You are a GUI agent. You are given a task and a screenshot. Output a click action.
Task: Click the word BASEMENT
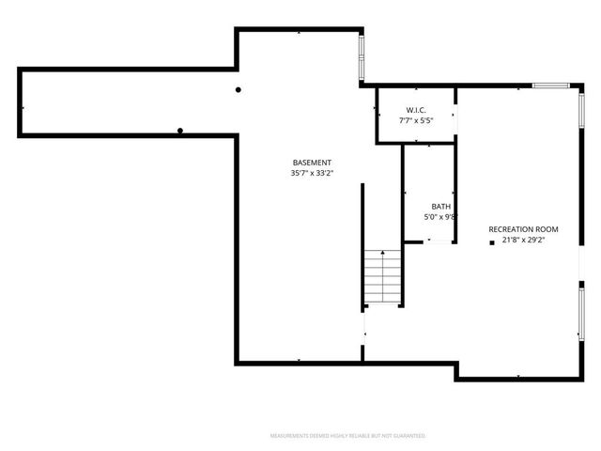point(311,163)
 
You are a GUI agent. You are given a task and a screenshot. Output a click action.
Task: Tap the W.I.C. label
point(417,110)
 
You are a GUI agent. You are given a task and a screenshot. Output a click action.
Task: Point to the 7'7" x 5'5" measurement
point(417,120)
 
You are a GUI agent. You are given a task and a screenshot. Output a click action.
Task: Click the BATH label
point(440,207)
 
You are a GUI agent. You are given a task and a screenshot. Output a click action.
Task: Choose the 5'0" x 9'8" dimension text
point(440,217)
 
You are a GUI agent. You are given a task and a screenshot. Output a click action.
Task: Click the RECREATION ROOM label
point(523,229)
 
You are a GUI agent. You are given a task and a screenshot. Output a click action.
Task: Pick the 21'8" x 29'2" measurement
point(524,240)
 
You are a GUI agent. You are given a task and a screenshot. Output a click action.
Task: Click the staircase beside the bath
point(383,278)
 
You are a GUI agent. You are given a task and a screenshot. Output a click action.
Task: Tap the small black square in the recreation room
point(491,242)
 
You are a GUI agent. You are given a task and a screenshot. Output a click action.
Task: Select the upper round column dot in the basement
point(239,90)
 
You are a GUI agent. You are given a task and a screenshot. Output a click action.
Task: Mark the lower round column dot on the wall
point(180,131)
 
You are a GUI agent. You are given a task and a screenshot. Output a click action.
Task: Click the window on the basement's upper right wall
point(362,58)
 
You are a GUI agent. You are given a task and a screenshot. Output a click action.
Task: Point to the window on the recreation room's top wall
point(552,86)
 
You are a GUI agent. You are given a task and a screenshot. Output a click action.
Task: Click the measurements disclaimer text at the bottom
point(347,436)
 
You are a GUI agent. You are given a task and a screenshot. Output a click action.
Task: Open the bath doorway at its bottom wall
point(439,242)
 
